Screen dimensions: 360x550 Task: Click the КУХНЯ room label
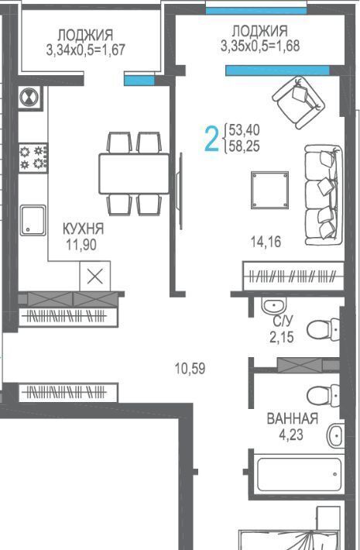tap(83, 229)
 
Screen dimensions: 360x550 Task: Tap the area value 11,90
tap(81, 245)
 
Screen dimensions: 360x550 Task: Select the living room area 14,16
tap(266, 242)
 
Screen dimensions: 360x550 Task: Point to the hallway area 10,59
tap(190, 368)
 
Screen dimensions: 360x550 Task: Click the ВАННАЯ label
tap(293, 418)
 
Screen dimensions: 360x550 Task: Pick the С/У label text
tap(283, 321)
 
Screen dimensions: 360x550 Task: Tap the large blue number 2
tap(211, 139)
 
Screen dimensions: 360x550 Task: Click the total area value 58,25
tap(245, 146)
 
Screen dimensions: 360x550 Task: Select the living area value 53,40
tap(245, 130)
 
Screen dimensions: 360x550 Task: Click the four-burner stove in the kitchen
tap(33, 157)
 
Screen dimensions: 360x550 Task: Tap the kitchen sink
tap(33, 220)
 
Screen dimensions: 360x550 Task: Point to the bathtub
tap(299, 475)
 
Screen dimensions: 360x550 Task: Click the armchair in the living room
tap(299, 102)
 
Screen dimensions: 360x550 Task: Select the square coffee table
tap(269, 190)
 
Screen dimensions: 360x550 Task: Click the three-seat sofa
tap(323, 195)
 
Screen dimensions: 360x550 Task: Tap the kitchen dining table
tap(134, 174)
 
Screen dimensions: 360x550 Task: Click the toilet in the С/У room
tap(323, 330)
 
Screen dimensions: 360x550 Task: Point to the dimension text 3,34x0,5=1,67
tap(85, 50)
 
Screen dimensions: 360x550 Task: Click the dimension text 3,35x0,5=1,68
tap(260, 46)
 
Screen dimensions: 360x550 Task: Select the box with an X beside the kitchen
tap(95, 277)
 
